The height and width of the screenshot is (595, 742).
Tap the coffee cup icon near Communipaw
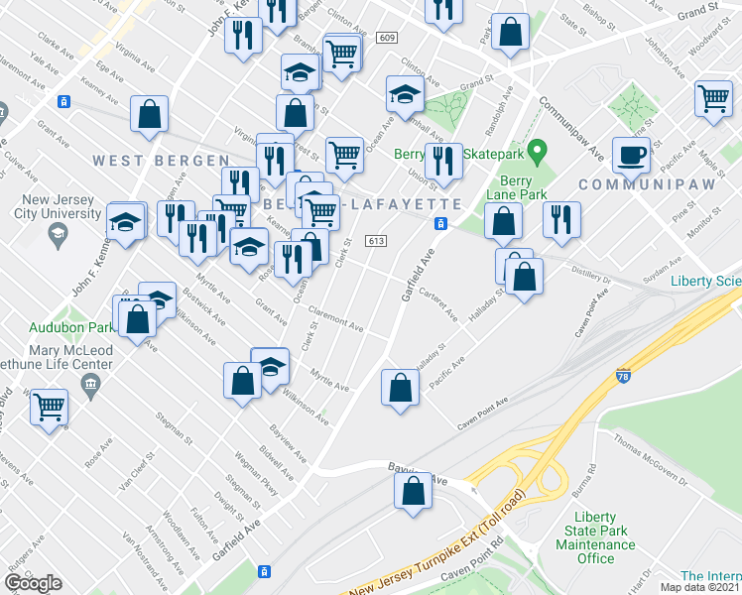pos(631,156)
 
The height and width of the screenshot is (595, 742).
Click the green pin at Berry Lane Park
pos(538,154)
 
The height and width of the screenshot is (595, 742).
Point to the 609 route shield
pos(387,38)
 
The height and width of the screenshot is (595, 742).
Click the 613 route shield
pos(375,241)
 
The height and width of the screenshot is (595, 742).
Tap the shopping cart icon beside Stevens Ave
pos(49,407)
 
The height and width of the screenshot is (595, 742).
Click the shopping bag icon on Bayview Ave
pos(414,491)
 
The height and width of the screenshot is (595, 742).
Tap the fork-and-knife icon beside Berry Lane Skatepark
pos(443,162)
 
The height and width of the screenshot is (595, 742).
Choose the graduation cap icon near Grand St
pos(404,94)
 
